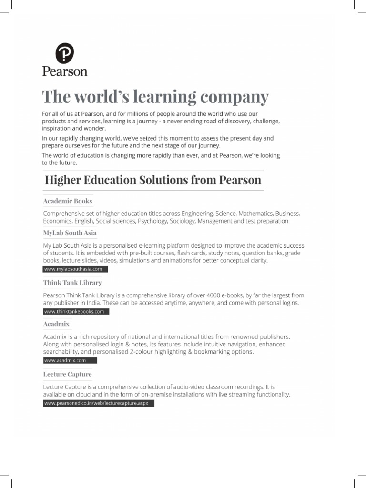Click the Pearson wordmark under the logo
[x=65, y=71]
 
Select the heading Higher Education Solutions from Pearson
[x=153, y=180]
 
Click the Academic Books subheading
[x=68, y=201]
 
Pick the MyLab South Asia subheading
[x=70, y=233]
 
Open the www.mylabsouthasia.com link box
[x=75, y=269]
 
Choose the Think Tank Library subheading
[x=72, y=283]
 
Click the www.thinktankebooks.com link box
[x=76, y=312]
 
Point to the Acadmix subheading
[x=56, y=324]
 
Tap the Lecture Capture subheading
[x=67, y=375]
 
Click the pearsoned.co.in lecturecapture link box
[x=98, y=403]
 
